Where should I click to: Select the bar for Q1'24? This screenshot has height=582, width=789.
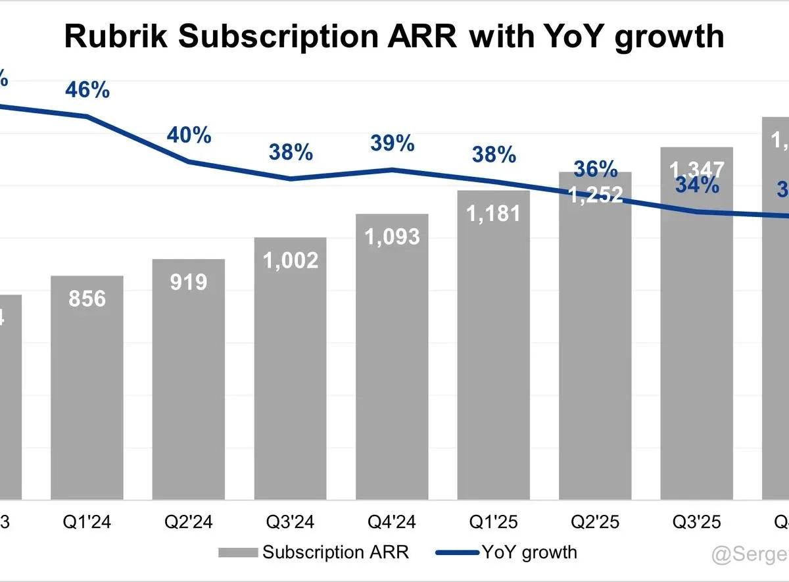[x=87, y=388]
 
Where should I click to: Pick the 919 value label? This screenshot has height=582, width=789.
[x=189, y=282]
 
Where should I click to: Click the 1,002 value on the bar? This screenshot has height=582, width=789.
[x=290, y=260]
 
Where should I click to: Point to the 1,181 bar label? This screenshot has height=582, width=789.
[x=493, y=213]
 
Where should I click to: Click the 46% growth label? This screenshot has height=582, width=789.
[x=87, y=90]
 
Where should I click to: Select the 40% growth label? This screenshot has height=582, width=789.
[x=189, y=135]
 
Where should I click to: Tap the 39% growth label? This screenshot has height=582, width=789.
[x=392, y=143]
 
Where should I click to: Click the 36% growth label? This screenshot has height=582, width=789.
[x=595, y=169]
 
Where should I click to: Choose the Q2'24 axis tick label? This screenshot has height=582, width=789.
[x=189, y=522]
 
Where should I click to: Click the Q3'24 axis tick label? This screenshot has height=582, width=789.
[x=290, y=522]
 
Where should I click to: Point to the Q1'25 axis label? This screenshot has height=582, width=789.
[x=493, y=522]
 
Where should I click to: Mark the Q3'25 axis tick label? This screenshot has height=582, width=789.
[x=696, y=522]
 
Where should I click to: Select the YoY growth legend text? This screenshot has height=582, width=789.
[x=529, y=552]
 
